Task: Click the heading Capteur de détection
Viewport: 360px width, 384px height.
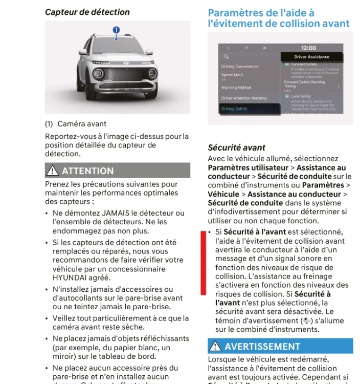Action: coord(87,12)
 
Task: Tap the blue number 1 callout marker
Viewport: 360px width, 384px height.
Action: coord(116,30)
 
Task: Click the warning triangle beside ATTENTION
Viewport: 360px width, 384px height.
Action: coord(52,171)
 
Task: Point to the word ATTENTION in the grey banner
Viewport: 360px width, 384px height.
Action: coord(87,171)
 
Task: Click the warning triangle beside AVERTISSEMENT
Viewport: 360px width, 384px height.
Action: coord(215,347)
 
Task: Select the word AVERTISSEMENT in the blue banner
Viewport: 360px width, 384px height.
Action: coord(262,347)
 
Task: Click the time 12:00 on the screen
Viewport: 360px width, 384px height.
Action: coord(308,48)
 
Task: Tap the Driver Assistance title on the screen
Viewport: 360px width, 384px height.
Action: coord(311,57)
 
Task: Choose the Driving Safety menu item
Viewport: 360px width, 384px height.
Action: coord(234,109)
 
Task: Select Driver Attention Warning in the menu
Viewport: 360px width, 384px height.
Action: coord(243,98)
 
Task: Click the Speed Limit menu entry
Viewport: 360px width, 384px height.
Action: coord(232,75)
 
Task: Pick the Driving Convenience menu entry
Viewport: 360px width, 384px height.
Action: coord(240,67)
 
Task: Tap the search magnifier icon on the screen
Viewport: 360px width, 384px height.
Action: coord(226,57)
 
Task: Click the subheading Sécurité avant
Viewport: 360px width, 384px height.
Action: coord(236,147)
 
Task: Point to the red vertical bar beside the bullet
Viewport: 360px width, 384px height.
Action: coord(203,262)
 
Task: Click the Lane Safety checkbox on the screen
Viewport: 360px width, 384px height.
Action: coord(287,96)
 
